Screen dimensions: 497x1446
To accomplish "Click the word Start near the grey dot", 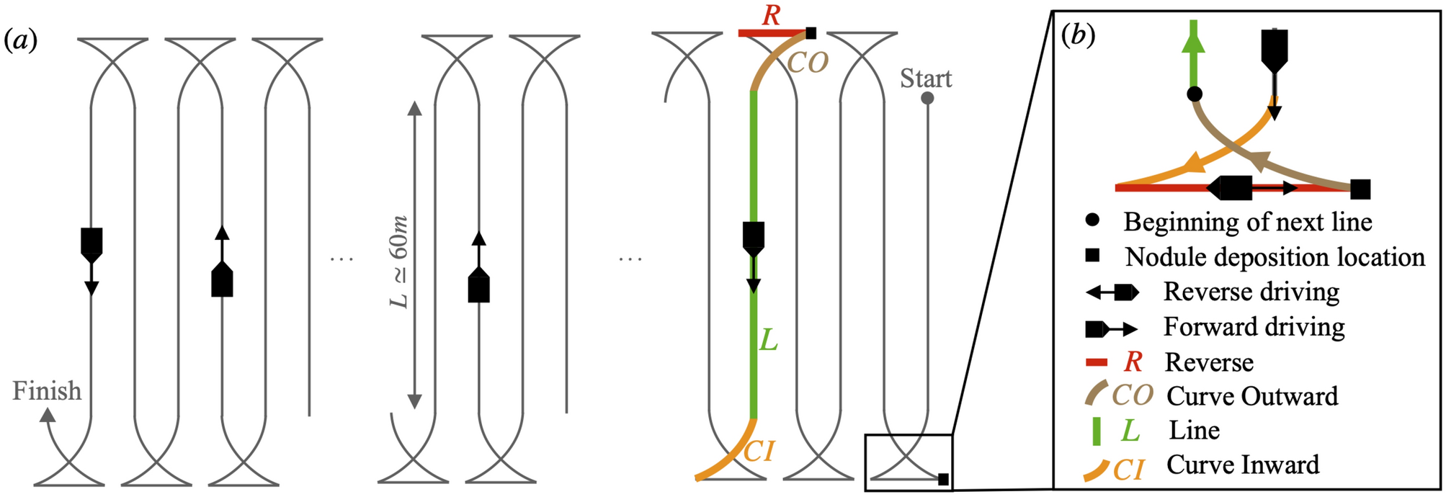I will click(x=926, y=79).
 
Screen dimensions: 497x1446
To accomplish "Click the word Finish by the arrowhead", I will click(x=47, y=391).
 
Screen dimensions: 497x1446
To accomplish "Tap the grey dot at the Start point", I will click(x=927, y=98).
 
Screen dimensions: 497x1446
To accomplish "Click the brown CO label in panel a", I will click(x=808, y=63).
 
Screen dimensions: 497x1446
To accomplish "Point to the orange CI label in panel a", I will click(x=759, y=452).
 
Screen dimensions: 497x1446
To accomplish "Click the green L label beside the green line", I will click(x=769, y=341).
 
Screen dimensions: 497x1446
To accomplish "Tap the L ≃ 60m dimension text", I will click(x=398, y=262).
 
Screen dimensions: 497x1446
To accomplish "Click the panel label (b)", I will click(x=1079, y=35).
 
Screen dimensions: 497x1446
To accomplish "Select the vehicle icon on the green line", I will click(x=753, y=238).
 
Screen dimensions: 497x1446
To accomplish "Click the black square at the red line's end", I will click(x=811, y=33).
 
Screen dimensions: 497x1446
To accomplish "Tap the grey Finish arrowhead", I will click(x=47, y=415).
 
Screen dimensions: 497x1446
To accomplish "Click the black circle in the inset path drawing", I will click(x=1195, y=94).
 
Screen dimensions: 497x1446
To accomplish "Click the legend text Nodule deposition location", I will click(x=1275, y=257).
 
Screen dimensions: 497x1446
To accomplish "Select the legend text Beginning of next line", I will click(x=1247, y=222).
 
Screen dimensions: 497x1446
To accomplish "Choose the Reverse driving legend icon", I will click(x=1112, y=292).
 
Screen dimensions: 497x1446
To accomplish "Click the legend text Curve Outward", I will click(x=1252, y=396).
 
